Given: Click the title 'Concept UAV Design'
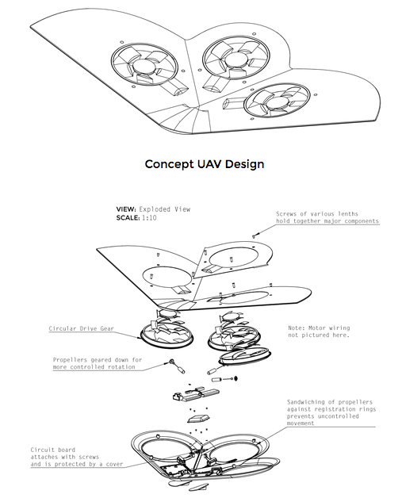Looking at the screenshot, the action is click(x=205, y=164).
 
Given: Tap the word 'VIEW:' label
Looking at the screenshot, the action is click(x=126, y=209).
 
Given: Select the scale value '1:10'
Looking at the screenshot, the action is click(x=149, y=218).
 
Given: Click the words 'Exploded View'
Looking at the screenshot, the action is click(x=164, y=209).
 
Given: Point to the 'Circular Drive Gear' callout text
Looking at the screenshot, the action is click(x=82, y=329).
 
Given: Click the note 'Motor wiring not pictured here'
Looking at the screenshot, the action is click(x=319, y=331).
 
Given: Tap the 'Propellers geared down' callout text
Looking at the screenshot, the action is click(x=98, y=363).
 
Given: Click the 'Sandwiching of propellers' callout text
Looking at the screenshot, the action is click(x=331, y=412).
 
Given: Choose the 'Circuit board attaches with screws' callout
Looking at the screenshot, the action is click(x=77, y=457).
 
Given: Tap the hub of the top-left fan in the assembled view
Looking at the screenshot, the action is click(x=144, y=66).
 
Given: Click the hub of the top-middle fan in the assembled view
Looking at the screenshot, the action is click(x=235, y=60).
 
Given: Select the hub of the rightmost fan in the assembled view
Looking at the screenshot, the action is click(x=278, y=102).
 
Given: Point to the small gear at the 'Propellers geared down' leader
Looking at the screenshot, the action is click(x=172, y=362).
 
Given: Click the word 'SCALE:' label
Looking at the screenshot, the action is click(x=128, y=218).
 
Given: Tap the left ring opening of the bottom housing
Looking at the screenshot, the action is click(x=167, y=449).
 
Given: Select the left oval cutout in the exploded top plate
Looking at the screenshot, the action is click(x=167, y=276).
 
